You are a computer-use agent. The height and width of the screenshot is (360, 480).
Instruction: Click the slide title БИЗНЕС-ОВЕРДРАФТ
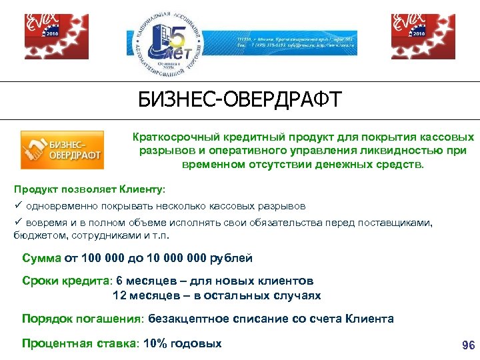[x=239, y=100]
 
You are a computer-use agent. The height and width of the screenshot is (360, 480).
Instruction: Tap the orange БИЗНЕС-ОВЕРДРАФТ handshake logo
[x=61, y=149]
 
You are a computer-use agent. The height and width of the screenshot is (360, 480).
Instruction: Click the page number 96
[x=468, y=345]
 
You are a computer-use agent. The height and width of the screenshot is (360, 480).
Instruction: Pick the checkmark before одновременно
[x=19, y=206]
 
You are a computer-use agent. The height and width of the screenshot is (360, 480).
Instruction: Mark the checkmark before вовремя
[x=19, y=222]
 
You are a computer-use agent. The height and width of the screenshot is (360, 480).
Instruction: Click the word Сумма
[x=41, y=258]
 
